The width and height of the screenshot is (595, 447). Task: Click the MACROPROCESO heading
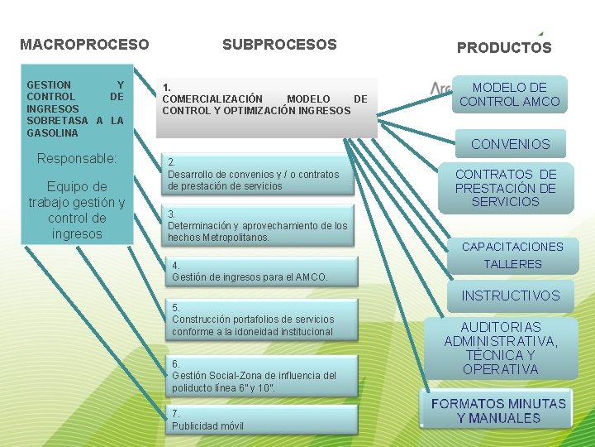pyautogui.click(x=84, y=44)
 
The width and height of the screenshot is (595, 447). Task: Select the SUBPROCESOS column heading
pyautogui.click(x=279, y=45)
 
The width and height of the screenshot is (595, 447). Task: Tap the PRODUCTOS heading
pyautogui.click(x=504, y=48)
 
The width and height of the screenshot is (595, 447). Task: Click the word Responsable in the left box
pyautogui.click(x=77, y=158)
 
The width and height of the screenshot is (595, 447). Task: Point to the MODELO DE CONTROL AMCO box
pyautogui.click(x=509, y=94)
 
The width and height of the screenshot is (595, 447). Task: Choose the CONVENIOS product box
pyautogui.click(x=510, y=144)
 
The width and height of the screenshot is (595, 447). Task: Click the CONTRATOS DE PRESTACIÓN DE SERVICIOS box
pyautogui.click(x=506, y=188)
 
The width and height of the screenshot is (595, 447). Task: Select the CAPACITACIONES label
pyautogui.click(x=512, y=247)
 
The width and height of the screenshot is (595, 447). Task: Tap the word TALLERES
pyautogui.click(x=512, y=264)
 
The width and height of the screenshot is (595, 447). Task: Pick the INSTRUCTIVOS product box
pyautogui.click(x=510, y=296)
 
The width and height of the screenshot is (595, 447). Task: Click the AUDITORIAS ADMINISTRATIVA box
pyautogui.click(x=501, y=348)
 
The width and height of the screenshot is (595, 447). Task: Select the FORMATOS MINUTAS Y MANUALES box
pyautogui.click(x=498, y=411)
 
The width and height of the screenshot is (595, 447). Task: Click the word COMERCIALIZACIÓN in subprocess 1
pyautogui.click(x=212, y=99)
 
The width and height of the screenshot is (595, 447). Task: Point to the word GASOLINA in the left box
pyautogui.click(x=53, y=132)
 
